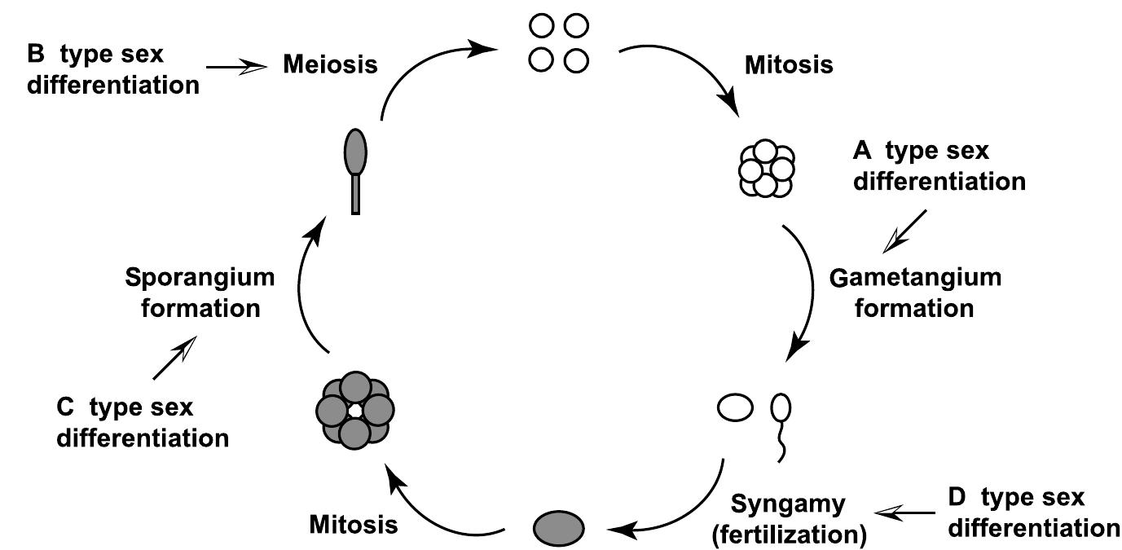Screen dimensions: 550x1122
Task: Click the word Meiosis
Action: point(330,64)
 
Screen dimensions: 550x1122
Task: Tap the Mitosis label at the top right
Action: point(789,65)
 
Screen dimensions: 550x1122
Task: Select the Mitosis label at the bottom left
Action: point(354,524)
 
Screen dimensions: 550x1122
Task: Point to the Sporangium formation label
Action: point(200,293)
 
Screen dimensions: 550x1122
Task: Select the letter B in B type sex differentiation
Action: point(36,55)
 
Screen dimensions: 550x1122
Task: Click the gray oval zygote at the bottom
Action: point(559,526)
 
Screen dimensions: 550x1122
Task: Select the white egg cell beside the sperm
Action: point(734,407)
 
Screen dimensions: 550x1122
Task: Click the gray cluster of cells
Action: point(354,410)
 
